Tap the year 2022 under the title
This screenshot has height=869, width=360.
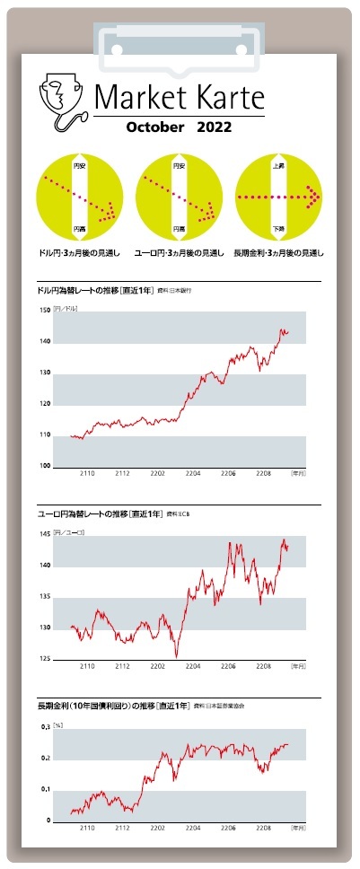tap(214, 127)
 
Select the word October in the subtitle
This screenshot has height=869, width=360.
tap(155, 127)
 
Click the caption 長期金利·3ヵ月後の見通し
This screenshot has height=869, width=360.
tap(279, 252)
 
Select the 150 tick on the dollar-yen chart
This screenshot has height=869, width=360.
tap(45, 311)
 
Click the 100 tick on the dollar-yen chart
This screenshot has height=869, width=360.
tap(45, 466)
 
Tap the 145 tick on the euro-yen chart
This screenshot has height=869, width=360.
tap(45, 534)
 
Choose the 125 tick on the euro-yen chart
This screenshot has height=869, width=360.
tap(45, 659)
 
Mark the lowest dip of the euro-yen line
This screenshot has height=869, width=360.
tap(177, 656)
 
